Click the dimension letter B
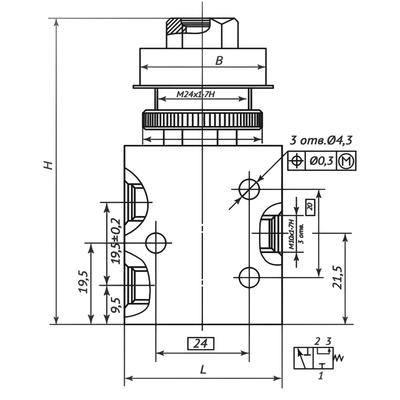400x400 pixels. click(x=219, y=61)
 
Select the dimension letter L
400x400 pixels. click(x=203, y=370)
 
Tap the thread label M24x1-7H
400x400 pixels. click(x=196, y=95)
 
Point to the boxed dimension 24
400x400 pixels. click(x=201, y=344)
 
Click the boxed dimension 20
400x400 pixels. click(x=310, y=207)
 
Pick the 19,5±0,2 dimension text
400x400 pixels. click(x=116, y=241)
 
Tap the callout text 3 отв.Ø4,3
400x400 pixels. click(x=321, y=140)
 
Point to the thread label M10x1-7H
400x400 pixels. click(x=291, y=233)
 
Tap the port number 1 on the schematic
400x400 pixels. click(x=320, y=376)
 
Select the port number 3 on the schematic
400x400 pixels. click(x=328, y=341)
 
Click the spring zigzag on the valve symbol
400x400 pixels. click(x=340, y=358)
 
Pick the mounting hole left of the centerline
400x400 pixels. click(x=155, y=243)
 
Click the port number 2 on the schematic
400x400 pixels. click(x=317, y=341)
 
